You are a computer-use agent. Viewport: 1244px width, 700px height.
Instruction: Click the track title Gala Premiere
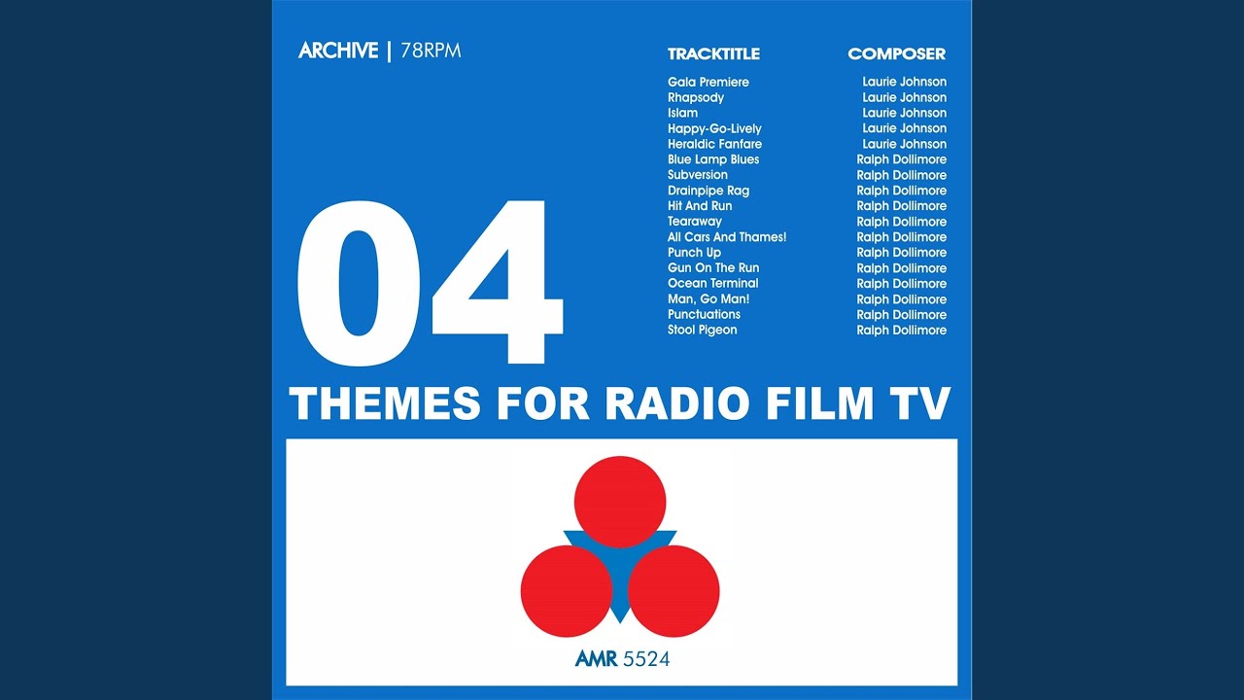[x=708, y=83]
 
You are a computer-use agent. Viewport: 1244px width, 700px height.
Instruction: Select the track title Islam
[x=682, y=113]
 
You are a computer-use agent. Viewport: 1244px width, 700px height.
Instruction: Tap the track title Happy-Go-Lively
[x=714, y=129]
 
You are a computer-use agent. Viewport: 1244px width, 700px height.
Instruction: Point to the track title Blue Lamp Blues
[x=713, y=159]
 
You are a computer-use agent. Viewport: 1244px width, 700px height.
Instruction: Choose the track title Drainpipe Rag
[x=708, y=191]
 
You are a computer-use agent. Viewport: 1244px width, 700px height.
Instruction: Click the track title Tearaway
[x=695, y=222]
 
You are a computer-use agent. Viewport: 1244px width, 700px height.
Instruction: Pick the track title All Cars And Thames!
[x=727, y=236]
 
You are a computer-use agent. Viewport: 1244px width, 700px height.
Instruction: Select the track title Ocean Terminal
[x=712, y=283]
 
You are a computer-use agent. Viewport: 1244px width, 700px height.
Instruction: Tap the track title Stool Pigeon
[x=702, y=330]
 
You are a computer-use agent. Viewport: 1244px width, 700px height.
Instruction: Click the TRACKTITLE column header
[x=713, y=53]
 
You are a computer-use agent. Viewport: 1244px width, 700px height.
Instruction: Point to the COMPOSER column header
[x=896, y=53]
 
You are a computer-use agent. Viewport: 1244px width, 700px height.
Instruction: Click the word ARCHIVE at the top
[x=338, y=51]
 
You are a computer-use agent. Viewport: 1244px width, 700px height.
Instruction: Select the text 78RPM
[x=431, y=51]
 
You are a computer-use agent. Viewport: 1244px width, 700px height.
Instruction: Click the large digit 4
[x=498, y=282]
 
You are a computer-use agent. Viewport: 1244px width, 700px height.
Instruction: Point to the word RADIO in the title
[x=676, y=402]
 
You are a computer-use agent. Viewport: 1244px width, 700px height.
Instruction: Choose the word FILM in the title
[x=820, y=402]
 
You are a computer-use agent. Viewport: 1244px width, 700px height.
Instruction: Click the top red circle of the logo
[x=620, y=502]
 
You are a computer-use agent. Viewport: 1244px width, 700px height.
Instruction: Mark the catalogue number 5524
[x=646, y=659]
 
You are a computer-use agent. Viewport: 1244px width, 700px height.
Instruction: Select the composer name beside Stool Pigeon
[x=901, y=330]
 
